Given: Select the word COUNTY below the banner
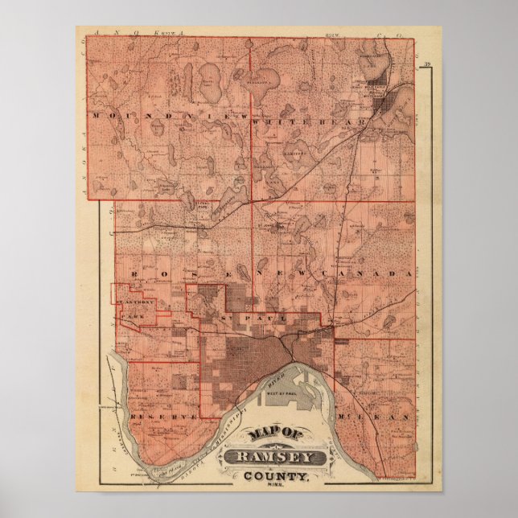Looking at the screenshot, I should (x=281, y=476).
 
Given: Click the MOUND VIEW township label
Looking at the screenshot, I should (x=166, y=117).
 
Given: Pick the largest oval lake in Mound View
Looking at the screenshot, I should (x=211, y=83).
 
